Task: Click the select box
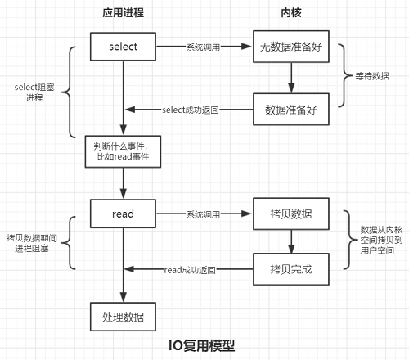pyautogui.click(x=123, y=47)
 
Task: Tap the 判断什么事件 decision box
pyautogui.click(x=123, y=152)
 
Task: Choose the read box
pyautogui.click(x=123, y=214)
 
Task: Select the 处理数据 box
pyautogui.click(x=123, y=316)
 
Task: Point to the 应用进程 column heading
pyautogui.click(x=123, y=15)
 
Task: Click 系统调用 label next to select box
pyautogui.click(x=204, y=47)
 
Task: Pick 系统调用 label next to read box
pyautogui.click(x=204, y=214)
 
